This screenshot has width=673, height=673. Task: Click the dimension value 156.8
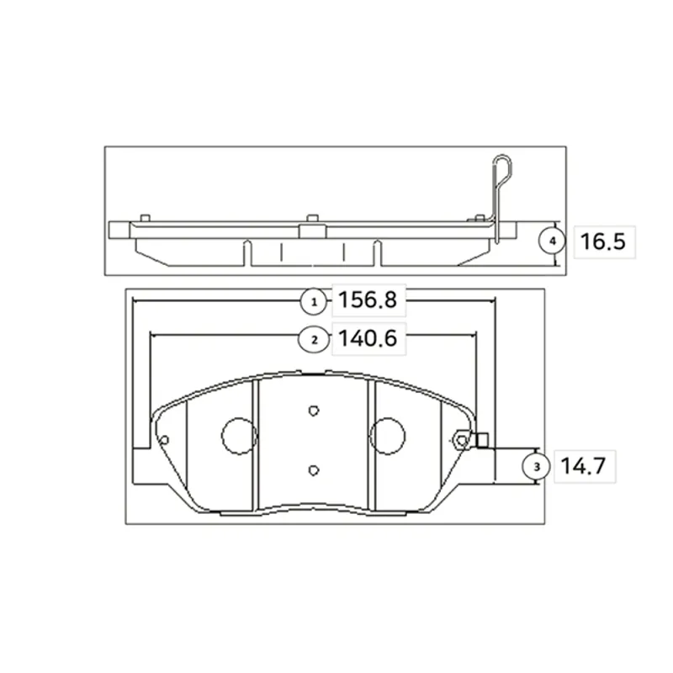click(x=368, y=299)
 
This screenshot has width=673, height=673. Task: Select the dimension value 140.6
click(x=368, y=338)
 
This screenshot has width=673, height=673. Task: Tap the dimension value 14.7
click(x=583, y=466)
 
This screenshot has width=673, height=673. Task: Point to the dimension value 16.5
click(x=602, y=241)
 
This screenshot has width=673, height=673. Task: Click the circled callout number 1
click(x=314, y=302)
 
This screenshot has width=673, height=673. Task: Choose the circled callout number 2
click(x=314, y=340)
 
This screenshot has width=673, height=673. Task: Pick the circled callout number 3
click(x=536, y=467)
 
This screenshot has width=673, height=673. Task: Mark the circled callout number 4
click(x=553, y=241)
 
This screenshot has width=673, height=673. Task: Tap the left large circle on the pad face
click(x=239, y=436)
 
